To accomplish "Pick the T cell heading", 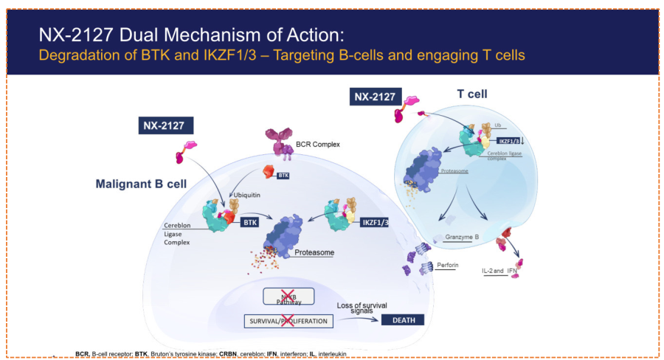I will click(x=473, y=94).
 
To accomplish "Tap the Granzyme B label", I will click(x=463, y=238).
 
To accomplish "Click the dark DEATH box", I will click(x=404, y=320).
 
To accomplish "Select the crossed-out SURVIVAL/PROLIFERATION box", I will click(x=289, y=321).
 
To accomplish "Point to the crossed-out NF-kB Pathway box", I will click(x=288, y=297).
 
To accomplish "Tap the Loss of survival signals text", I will click(x=362, y=308).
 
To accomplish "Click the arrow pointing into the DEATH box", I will click(x=361, y=320).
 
